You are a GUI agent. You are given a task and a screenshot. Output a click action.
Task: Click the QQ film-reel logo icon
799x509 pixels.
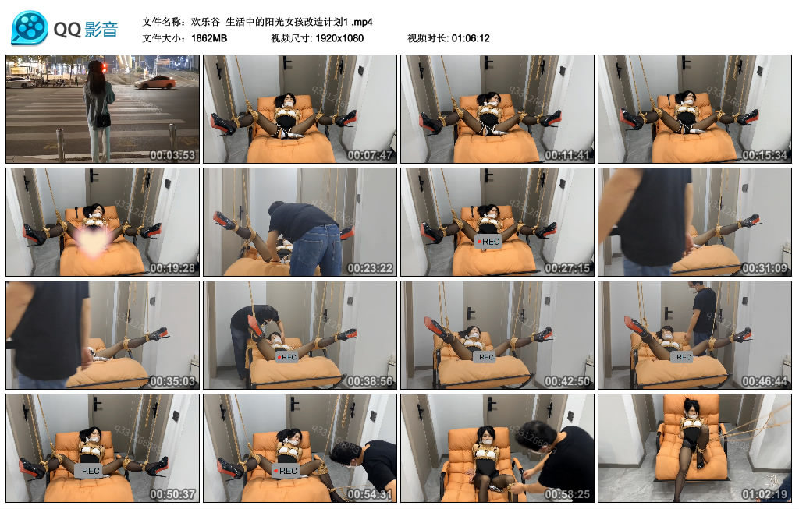(x=29, y=28)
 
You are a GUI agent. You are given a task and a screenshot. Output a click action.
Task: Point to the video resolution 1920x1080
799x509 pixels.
(x=339, y=38)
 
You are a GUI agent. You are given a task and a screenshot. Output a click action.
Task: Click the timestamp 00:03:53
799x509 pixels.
(x=174, y=155)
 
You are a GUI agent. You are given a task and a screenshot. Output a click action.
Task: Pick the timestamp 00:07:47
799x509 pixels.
(x=371, y=155)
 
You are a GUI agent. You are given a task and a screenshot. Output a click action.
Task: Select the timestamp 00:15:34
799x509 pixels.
(x=766, y=155)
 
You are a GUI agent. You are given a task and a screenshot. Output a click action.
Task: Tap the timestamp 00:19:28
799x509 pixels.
(x=174, y=268)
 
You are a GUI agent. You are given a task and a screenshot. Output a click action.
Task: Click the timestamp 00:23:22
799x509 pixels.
(x=371, y=268)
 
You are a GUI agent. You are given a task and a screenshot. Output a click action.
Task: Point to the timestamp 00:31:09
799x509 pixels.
(x=766, y=268)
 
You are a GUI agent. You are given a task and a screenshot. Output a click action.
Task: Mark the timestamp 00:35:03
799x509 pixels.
(x=174, y=381)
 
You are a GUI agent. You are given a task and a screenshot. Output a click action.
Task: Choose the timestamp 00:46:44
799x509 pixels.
(x=766, y=381)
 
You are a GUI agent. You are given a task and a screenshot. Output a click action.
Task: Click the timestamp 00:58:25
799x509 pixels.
(x=569, y=494)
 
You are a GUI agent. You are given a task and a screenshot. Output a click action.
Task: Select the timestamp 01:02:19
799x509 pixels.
(x=766, y=494)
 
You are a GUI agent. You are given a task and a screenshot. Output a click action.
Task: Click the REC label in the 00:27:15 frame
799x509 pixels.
(x=488, y=242)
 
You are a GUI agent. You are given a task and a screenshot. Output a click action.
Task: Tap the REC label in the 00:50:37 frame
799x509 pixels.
(x=91, y=470)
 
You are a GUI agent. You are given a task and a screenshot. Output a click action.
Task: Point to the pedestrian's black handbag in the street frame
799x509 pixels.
(x=101, y=120)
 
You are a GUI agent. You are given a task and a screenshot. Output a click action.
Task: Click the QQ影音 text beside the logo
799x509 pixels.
(x=86, y=30)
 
